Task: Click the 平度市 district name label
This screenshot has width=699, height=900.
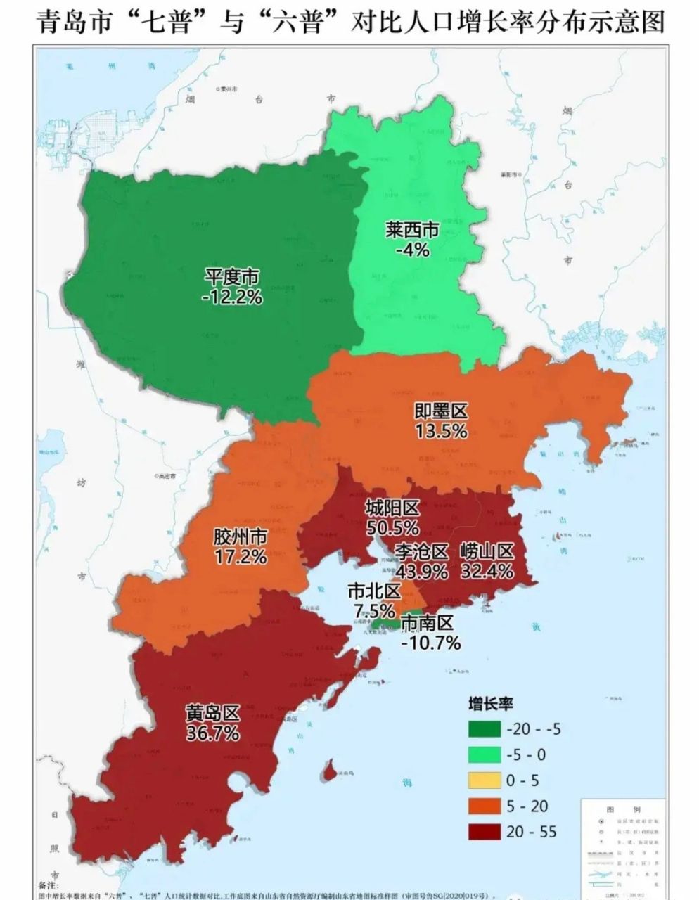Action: (232, 277)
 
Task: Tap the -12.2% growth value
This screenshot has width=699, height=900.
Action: (232, 297)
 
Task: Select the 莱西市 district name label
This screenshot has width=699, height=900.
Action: (412, 230)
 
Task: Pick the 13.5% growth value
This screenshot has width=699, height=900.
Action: (441, 431)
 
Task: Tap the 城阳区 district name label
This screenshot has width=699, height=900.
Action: (392, 508)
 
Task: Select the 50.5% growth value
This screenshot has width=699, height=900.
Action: (392, 527)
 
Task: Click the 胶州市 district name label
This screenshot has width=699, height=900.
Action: (241, 537)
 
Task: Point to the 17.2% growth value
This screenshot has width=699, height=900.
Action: (241, 557)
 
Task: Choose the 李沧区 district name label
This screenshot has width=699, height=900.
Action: (421, 552)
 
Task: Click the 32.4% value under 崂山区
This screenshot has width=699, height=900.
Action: (487, 571)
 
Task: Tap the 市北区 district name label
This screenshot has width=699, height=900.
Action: (374, 591)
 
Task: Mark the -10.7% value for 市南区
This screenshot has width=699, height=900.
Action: (430, 643)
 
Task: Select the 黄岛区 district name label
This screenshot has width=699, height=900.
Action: (212, 713)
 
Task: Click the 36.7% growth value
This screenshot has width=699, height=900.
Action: (212, 733)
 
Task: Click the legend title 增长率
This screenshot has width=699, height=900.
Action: (491, 704)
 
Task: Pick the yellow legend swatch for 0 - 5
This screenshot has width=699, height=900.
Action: (485, 780)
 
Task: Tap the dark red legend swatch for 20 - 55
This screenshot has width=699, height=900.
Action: (485, 832)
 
